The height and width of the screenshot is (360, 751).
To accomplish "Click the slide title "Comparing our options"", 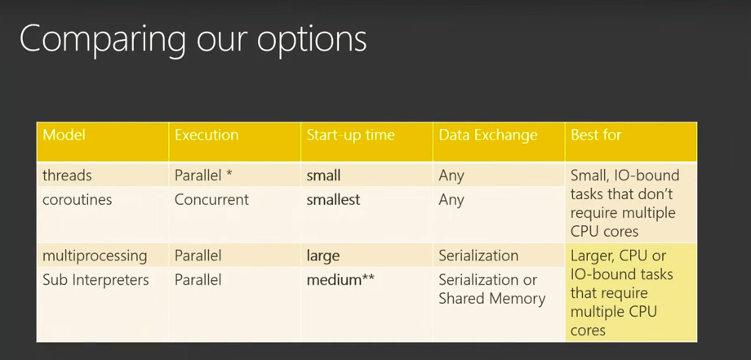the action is [193, 40].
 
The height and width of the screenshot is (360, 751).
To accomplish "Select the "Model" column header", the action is [64, 135].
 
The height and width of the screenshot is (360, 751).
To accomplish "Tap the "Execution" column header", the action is [207, 135].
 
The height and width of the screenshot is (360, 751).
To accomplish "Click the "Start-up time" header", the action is [350, 136].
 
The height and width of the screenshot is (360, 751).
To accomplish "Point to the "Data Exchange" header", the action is [488, 136].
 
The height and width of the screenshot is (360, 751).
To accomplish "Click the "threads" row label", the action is [67, 176].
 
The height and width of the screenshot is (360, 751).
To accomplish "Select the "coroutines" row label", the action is [77, 199].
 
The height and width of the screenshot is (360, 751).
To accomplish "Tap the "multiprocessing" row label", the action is [95, 256].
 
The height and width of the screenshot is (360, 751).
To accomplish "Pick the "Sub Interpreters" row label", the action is [96, 279].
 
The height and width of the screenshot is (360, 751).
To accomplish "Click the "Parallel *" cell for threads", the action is [203, 176].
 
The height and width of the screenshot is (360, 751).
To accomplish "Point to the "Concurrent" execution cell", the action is [211, 199].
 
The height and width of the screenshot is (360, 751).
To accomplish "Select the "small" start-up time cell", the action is [324, 176].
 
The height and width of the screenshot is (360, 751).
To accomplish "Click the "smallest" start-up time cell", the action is [333, 199].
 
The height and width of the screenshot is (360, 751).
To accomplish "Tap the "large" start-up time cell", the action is [323, 256].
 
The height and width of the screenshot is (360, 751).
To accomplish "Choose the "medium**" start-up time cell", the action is [340, 279].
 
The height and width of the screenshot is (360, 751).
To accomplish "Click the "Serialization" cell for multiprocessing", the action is [478, 256].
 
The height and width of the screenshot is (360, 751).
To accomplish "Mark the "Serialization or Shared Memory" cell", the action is [492, 289].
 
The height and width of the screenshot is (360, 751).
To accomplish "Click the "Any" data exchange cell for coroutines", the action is [451, 200].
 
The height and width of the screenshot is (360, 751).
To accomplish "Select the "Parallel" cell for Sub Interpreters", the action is [198, 279].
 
